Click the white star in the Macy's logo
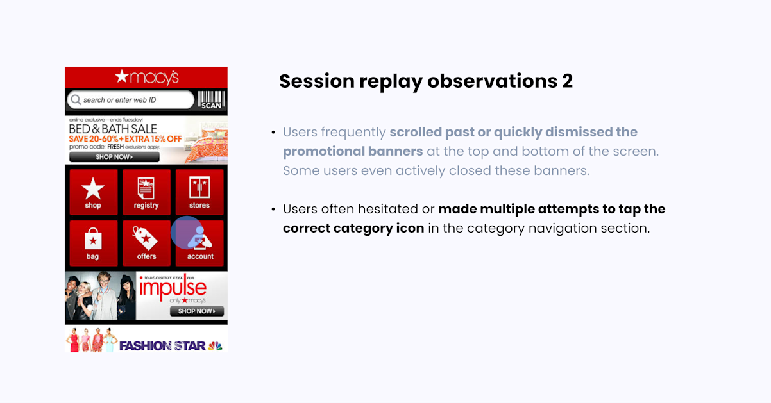tap(122, 76)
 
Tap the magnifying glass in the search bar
tap(76, 100)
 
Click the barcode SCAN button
tap(211, 100)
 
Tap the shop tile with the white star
tap(93, 192)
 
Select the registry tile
tap(146, 192)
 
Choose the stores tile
tap(199, 192)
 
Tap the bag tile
tap(93, 243)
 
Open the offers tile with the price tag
tap(146, 243)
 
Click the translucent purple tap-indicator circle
tap(187, 233)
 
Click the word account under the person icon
tap(200, 256)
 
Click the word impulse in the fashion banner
tap(173, 288)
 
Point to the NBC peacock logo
tap(215, 345)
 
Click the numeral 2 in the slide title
tap(567, 81)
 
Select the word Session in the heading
tap(317, 81)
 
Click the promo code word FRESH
tap(115, 147)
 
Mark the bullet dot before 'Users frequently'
tap(273, 132)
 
